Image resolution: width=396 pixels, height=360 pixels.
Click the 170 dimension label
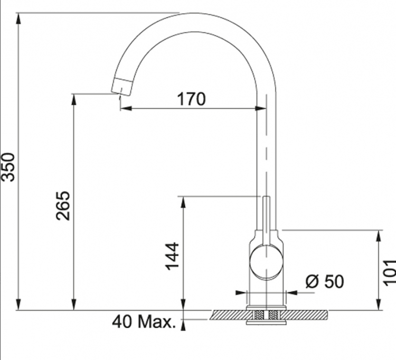click(x=192, y=99)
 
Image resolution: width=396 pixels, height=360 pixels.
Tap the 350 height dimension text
click(x=8, y=167)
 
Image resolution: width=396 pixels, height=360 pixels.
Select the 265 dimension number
click(x=63, y=206)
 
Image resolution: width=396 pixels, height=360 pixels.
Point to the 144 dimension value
click(x=172, y=256)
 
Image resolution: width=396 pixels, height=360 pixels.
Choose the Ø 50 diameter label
click(x=325, y=281)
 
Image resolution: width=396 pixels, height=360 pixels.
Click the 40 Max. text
click(x=144, y=322)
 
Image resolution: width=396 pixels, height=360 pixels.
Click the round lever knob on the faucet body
click(x=266, y=262)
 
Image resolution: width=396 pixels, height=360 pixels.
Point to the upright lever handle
click(x=266, y=220)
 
